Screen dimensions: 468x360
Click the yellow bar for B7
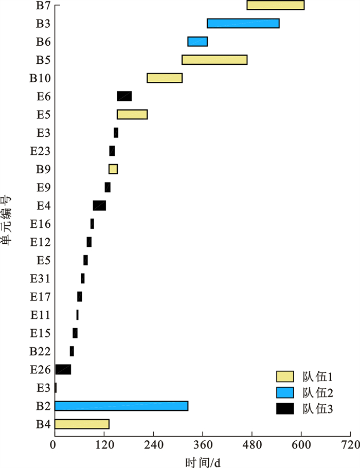(275, 5)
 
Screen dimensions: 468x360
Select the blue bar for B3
(243, 23)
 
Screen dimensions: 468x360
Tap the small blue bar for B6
(197, 42)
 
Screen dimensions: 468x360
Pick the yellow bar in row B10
(165, 78)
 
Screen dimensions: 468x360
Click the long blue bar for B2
(121, 406)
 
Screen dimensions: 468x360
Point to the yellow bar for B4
(82, 424)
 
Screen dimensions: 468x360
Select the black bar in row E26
(63, 369)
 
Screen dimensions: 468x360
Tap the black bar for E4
(99, 206)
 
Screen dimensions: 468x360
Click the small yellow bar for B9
(113, 169)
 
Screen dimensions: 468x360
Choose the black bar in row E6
(124, 96)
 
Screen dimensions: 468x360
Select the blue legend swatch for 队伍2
(284, 392)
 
